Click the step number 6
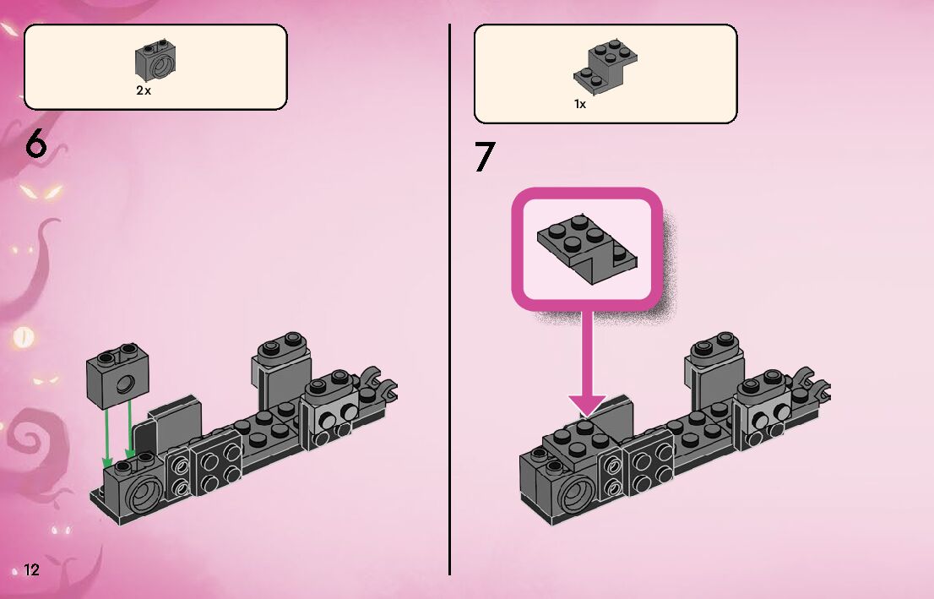(x=35, y=145)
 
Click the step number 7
(x=484, y=157)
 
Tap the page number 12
(x=31, y=569)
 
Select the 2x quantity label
(x=144, y=90)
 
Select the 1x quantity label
(x=580, y=104)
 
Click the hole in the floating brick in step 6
(x=125, y=385)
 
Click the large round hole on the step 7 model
(x=579, y=493)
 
